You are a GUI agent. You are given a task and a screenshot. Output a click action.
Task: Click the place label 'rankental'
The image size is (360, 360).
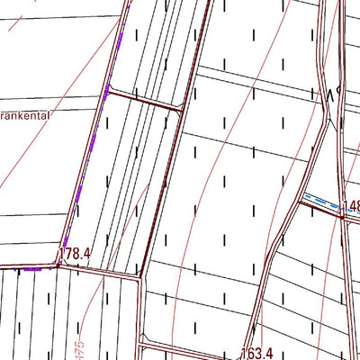pyautogui.click(x=25, y=116)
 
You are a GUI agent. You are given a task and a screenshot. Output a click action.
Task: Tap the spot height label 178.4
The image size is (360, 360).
pyautogui.click(x=76, y=255)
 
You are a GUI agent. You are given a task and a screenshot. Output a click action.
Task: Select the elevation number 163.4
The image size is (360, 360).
pyautogui.click(x=256, y=355)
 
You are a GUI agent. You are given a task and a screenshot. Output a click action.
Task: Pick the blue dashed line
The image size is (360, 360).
pyautogui.click(x=322, y=201)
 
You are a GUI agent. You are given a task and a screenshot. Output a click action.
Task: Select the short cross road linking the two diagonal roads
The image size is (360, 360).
pyautogui.click(x=144, y=100)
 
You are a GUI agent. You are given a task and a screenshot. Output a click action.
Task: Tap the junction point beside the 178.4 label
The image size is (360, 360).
pyautogui.click(x=59, y=265)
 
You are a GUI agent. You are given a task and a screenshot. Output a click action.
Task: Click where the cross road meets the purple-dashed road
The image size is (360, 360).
pyautogui.click(x=108, y=89)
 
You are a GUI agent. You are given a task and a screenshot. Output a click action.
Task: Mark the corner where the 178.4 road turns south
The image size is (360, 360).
pyautogui.click(x=140, y=277)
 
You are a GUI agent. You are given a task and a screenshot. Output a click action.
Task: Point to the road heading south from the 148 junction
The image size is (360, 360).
pyautogui.click(x=344, y=288)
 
